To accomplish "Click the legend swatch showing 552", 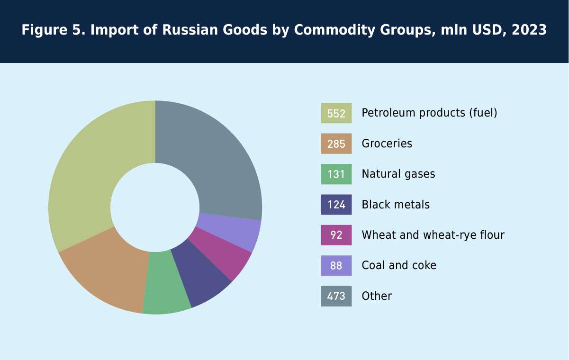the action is click(336, 113).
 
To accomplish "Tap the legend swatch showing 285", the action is click(336, 144).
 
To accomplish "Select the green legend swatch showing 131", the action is click(336, 174).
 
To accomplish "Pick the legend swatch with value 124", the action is click(336, 205).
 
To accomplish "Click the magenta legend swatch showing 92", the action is click(336, 235).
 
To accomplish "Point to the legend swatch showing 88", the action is click(336, 265).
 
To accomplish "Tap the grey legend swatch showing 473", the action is click(336, 296).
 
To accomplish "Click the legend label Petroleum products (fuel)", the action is click(429, 113).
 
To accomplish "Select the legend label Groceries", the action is click(387, 144).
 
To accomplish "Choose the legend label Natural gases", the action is click(398, 174).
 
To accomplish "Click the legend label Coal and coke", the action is click(399, 265).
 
